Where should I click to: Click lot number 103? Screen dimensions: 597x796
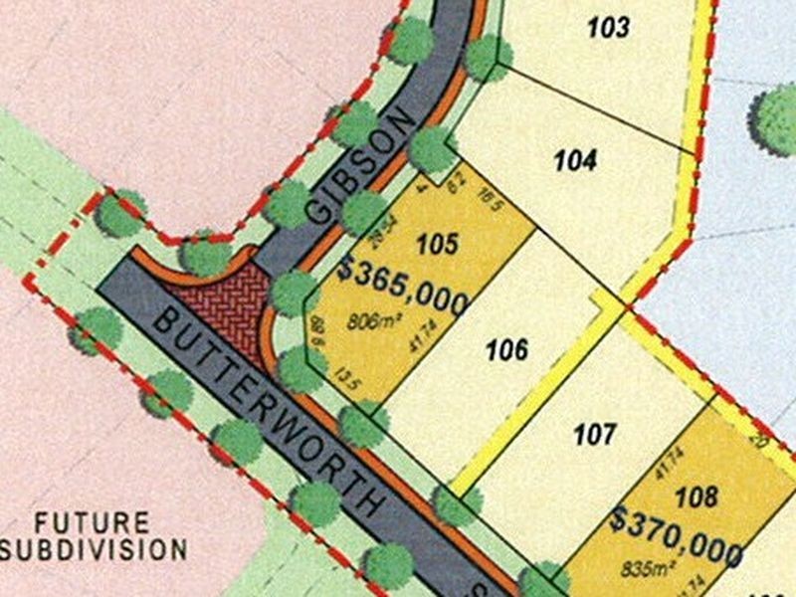click(x=608, y=27)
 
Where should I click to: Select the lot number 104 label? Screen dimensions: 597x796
click(x=575, y=159)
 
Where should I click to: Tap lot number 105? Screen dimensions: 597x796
click(x=438, y=242)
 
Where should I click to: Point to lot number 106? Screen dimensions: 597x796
click(x=506, y=349)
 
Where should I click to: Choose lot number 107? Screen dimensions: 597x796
click(x=596, y=434)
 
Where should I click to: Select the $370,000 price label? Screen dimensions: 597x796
click(x=677, y=534)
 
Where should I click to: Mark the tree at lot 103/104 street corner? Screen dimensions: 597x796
click(x=488, y=58)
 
